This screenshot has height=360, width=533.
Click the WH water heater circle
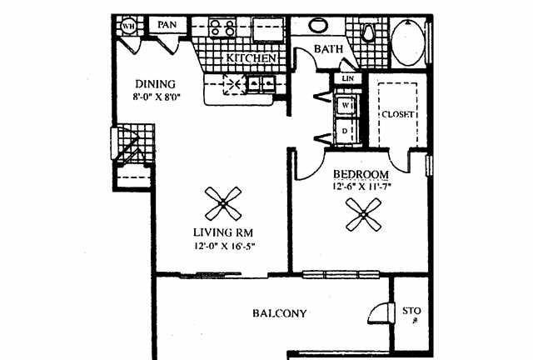(x=129, y=26)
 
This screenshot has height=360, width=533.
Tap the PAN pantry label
(x=167, y=26)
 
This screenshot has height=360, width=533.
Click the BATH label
(x=327, y=50)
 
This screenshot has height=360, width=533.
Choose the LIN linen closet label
(x=348, y=80)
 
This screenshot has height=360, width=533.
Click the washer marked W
(x=345, y=107)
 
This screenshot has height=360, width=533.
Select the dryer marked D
(x=345, y=130)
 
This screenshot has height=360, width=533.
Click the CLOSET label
(x=398, y=114)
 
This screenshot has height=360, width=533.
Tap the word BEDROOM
(x=361, y=174)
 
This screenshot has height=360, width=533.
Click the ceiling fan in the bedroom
(x=364, y=218)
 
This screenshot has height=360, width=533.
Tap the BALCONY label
(x=279, y=314)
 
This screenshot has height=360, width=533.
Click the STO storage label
(x=411, y=312)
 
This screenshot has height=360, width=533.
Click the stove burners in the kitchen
(x=221, y=27)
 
